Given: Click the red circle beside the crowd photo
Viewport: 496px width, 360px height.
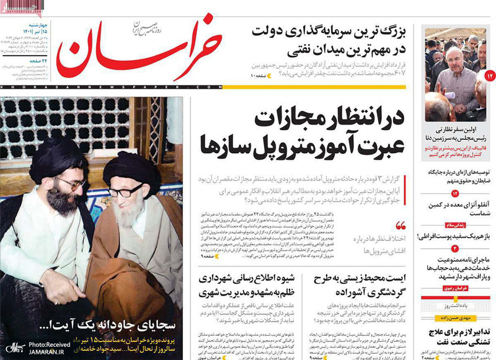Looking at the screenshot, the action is tap(489, 75).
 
